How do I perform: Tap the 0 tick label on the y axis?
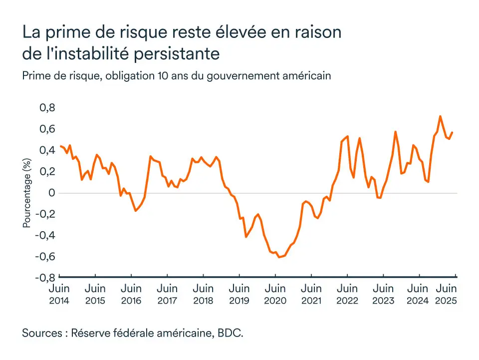[x=50, y=193]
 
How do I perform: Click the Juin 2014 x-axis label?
[x=59, y=294]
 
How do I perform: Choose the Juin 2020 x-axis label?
[x=275, y=294]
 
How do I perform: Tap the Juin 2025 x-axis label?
[x=447, y=294]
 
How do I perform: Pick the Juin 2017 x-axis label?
[x=167, y=294]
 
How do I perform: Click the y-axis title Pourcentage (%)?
[x=27, y=193]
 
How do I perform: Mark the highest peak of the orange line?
[x=440, y=116]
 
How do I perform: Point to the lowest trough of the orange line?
[x=279, y=257]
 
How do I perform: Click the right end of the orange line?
[x=453, y=132]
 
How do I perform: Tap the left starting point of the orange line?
[x=60, y=146]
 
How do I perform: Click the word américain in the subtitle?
[x=305, y=76]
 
